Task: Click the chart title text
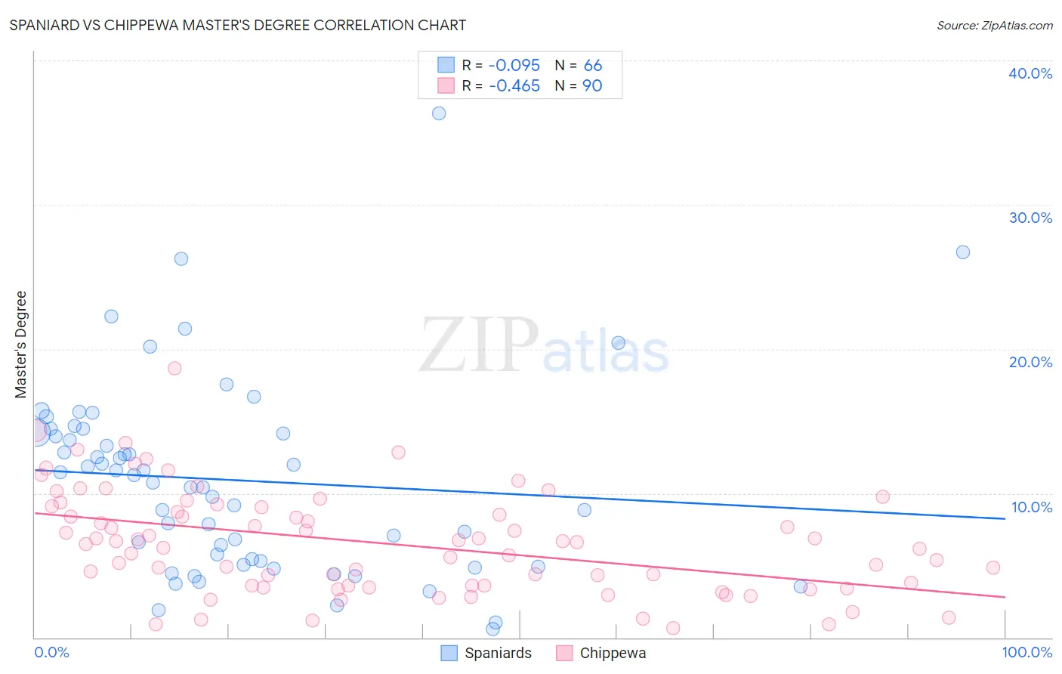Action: coord(237,25)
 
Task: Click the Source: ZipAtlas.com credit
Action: coord(994,25)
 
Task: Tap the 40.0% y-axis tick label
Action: coord(1030,73)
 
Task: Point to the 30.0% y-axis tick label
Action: coord(1030,218)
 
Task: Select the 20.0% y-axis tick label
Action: coord(1030,362)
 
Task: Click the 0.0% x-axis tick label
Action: coord(51,652)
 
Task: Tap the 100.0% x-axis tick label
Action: coord(1026,652)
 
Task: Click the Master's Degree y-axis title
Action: coord(21,344)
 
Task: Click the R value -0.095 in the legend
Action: coord(514,66)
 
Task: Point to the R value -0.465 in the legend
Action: coord(514,86)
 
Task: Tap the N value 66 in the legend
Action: coord(593,66)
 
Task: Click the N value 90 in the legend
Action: coord(592,86)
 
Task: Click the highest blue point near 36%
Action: coord(439,113)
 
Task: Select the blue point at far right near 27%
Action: coord(963,252)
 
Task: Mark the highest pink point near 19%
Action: coord(174,369)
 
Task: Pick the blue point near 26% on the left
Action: coord(181,258)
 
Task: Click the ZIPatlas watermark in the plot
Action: coord(544,345)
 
